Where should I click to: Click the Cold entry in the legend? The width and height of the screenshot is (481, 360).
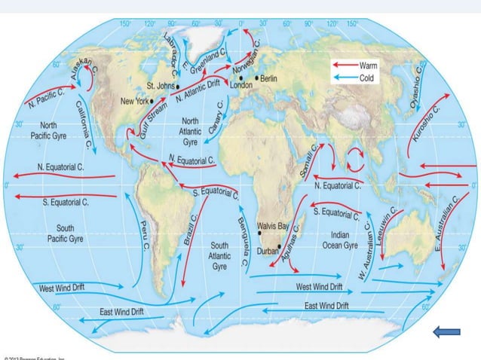[367, 77]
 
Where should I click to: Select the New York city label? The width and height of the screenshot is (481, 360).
[136, 99]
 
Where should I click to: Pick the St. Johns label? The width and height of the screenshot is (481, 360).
[161, 85]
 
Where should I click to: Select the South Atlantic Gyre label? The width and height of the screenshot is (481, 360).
[219, 256]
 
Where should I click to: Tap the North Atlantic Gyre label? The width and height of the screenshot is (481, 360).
[190, 130]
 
